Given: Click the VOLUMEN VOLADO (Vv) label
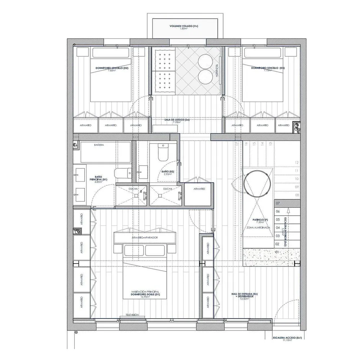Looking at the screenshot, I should coord(184,27).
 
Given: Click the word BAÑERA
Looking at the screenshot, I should coord(99,145).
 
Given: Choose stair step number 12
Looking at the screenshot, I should coord(297,162).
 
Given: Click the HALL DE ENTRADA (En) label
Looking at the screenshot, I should coord(245,294).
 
